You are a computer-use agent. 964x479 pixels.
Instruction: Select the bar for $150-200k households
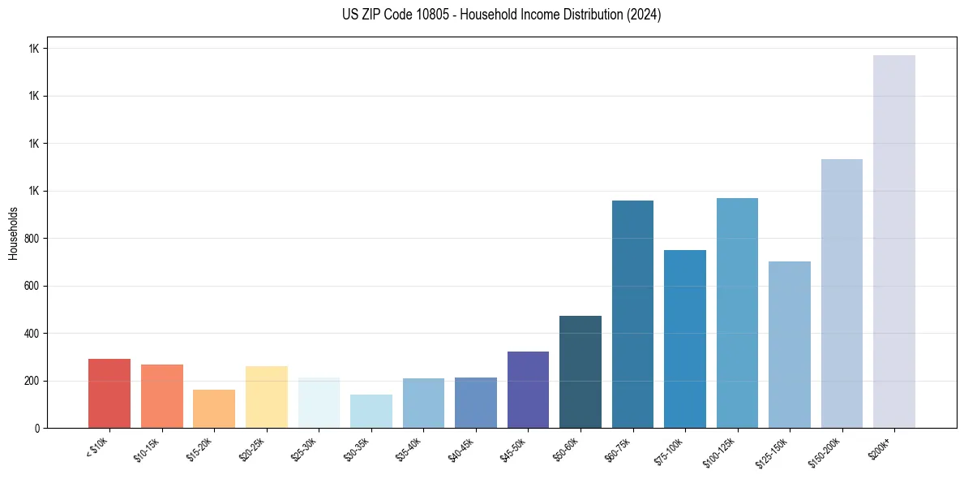842,293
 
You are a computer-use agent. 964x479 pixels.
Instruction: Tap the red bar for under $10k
109,393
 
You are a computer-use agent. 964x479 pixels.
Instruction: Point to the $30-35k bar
371,411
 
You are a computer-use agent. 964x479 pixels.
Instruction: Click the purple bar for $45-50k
528,390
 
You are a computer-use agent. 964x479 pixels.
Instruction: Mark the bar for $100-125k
737,313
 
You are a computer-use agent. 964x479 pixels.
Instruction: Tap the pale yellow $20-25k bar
266,397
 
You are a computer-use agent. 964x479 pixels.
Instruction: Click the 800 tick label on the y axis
32,239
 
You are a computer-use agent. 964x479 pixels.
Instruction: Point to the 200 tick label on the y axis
32,381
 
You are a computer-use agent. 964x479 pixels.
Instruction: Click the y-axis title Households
13,233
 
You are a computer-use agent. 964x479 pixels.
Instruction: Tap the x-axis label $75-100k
670,450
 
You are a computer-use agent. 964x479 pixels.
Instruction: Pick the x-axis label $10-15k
148,450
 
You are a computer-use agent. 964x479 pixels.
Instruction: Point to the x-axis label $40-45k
461,450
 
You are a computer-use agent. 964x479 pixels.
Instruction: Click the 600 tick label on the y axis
32,286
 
